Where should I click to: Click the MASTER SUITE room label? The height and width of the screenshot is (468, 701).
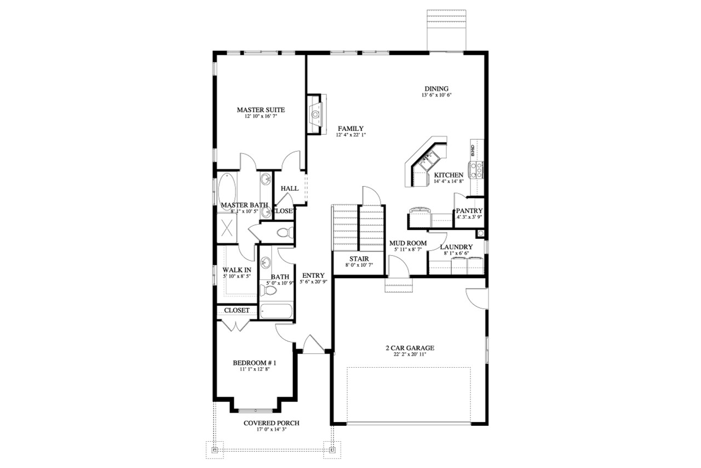click(x=261, y=110)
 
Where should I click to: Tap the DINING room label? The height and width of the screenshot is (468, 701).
click(x=436, y=89)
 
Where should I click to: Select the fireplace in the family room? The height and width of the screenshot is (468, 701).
click(x=315, y=114)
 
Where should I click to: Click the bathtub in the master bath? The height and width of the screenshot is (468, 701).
click(x=227, y=189)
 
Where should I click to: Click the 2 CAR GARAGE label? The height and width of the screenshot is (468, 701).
click(x=409, y=348)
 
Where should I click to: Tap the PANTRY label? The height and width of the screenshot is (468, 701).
click(x=469, y=211)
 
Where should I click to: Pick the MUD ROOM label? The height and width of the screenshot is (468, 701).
click(x=407, y=243)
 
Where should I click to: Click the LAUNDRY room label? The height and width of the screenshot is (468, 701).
click(x=456, y=247)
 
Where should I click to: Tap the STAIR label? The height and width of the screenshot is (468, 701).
click(x=359, y=259)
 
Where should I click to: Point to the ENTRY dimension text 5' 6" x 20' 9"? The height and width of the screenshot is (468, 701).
click(x=313, y=282)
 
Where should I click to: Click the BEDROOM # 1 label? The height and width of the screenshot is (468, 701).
click(x=255, y=363)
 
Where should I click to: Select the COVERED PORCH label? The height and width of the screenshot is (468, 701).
click(x=272, y=423)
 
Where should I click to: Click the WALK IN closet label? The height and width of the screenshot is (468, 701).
click(x=237, y=270)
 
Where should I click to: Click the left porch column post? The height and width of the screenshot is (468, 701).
click(x=215, y=449)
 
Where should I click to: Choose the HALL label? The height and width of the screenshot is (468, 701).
click(x=290, y=189)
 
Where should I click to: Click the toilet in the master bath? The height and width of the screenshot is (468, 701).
click(x=282, y=232)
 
